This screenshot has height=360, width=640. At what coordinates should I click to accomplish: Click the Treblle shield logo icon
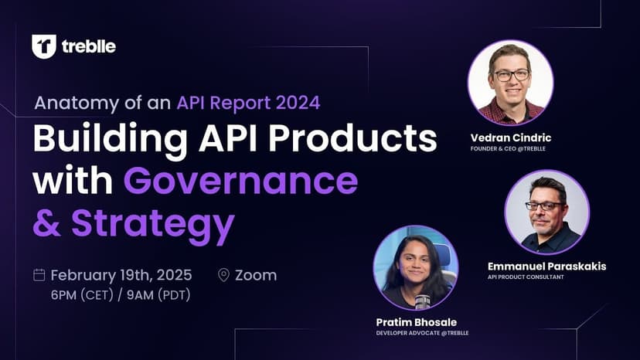coord(44,46)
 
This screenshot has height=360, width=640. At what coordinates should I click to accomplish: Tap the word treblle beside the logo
coord(89,46)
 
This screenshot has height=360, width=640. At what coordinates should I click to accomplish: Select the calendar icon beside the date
coord(39,275)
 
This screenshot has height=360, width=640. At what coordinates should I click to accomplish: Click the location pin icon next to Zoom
coord(223,275)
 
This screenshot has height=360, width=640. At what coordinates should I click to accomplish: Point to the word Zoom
coord(256,275)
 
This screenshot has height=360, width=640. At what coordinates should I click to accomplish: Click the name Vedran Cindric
coord(511,138)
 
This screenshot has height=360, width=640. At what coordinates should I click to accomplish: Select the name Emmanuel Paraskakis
coord(547,266)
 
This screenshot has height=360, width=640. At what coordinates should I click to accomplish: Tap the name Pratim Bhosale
coord(417,322)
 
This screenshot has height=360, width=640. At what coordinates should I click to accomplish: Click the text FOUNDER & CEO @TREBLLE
coord(508,148)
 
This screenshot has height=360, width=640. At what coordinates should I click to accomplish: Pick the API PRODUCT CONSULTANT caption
coord(526,277)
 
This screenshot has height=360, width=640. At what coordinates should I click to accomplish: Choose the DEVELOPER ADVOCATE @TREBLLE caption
coord(423,333)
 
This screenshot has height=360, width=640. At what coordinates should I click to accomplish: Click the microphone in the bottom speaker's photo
coord(422,301)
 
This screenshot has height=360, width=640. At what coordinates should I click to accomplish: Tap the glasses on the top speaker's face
coord(512,75)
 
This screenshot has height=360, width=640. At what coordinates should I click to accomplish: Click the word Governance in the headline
coord(241,181)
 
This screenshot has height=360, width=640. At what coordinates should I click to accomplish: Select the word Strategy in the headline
coord(153,224)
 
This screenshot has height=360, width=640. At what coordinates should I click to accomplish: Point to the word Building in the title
coord(111,139)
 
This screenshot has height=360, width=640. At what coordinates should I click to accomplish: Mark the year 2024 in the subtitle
coord(298,103)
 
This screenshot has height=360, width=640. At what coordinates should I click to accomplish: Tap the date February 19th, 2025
coord(121,275)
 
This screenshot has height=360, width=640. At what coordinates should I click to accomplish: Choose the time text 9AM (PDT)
coord(158,294)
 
